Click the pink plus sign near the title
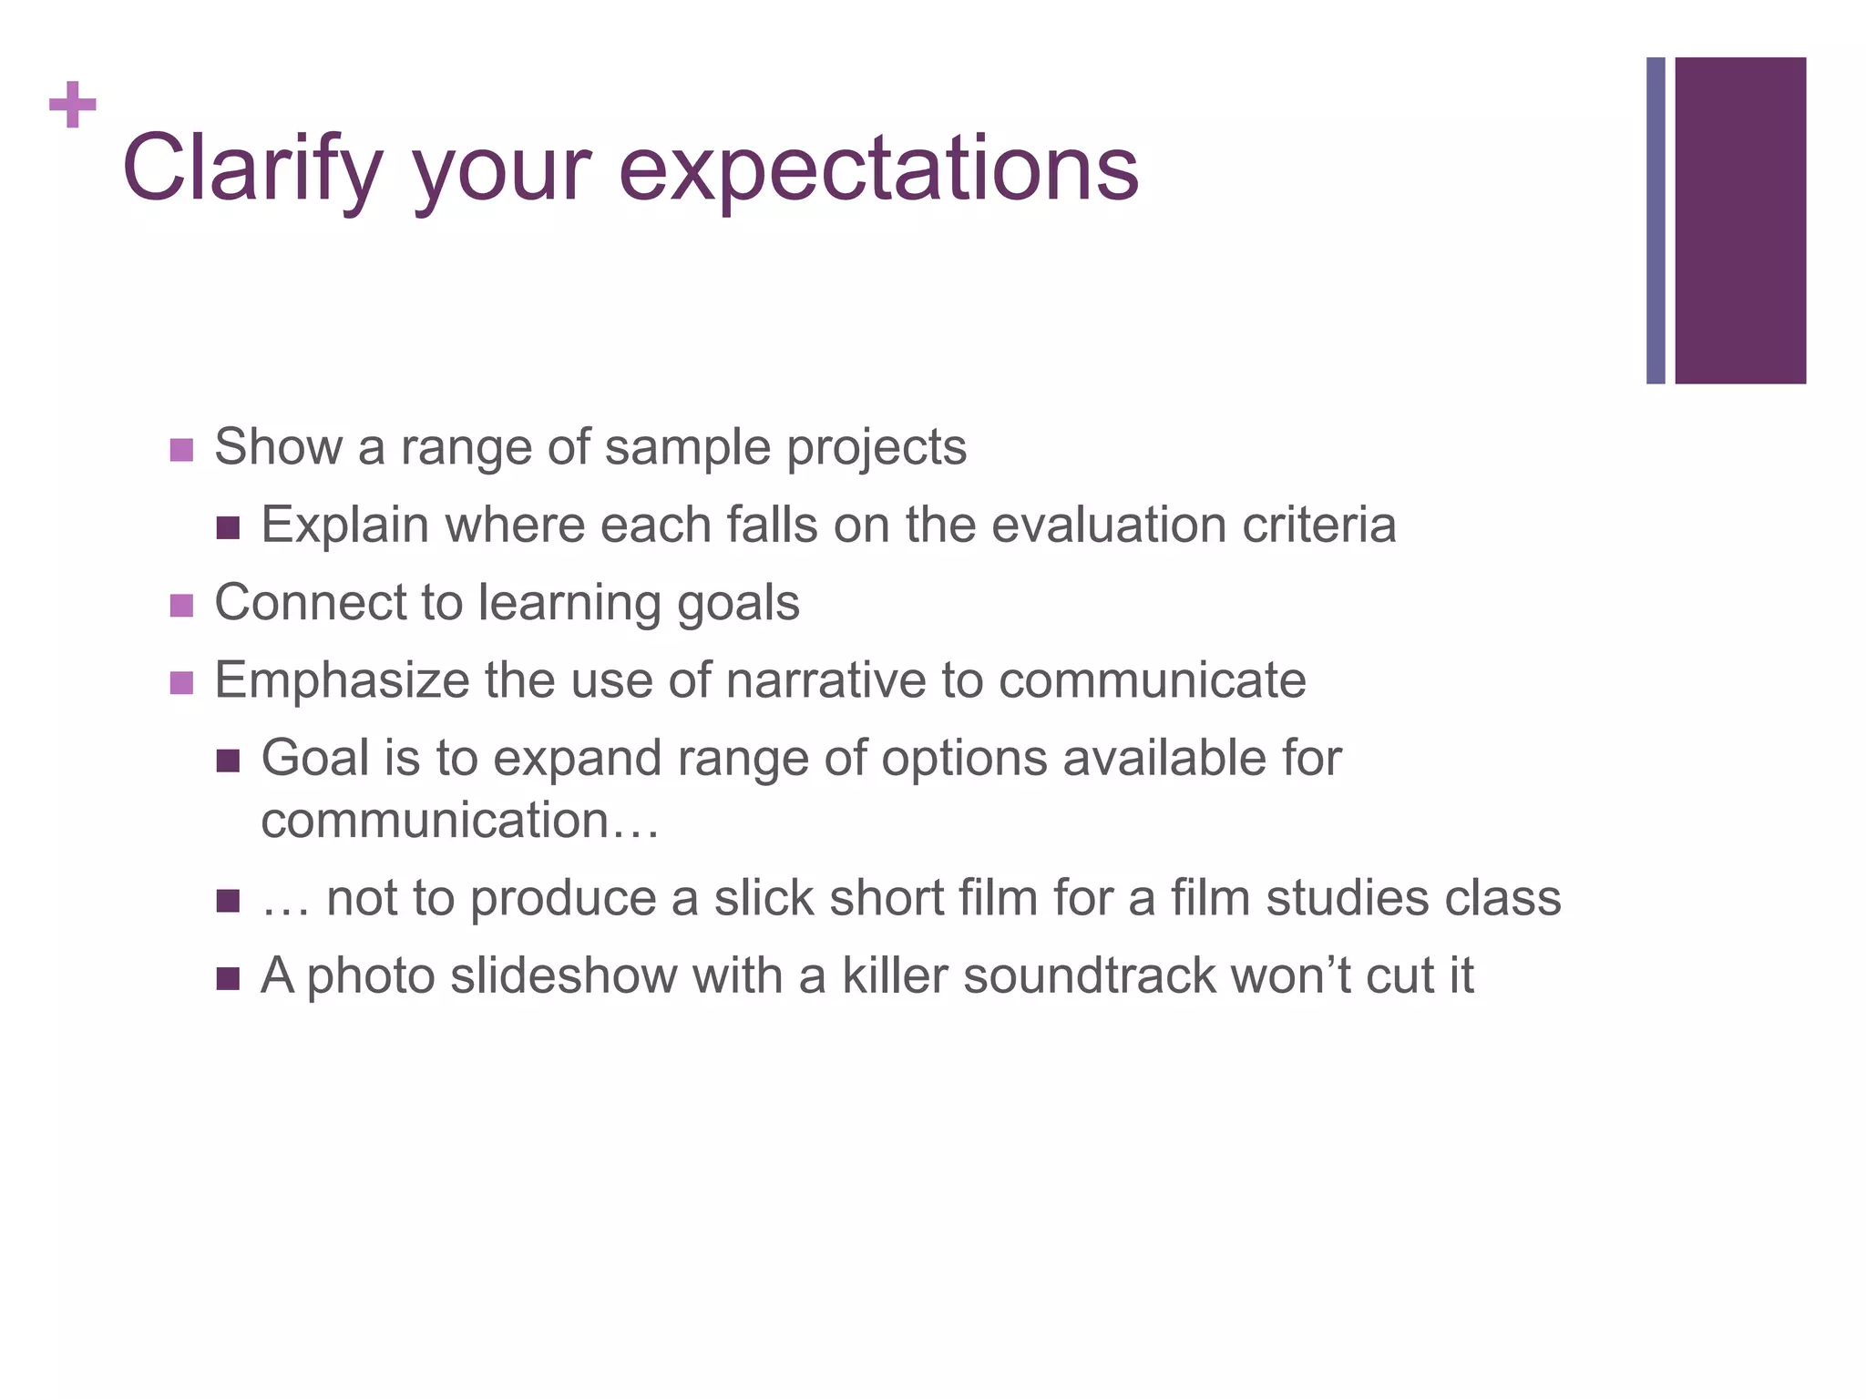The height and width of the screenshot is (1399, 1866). pyautogui.click(x=73, y=106)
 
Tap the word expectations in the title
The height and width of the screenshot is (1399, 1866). pyautogui.click(x=878, y=170)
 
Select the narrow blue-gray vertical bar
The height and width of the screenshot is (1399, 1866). pyautogui.click(x=1656, y=220)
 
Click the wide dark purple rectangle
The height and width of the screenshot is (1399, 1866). pyautogui.click(x=1740, y=220)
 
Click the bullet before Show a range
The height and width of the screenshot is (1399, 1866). pyautogui.click(x=181, y=450)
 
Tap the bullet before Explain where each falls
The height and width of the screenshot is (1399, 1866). pyautogui.click(x=228, y=528)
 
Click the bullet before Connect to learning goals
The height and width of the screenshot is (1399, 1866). pyautogui.click(x=181, y=606)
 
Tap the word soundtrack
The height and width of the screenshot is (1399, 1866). pyautogui.click(x=1089, y=975)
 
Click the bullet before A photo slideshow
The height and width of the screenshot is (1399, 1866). pyautogui.click(x=228, y=980)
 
